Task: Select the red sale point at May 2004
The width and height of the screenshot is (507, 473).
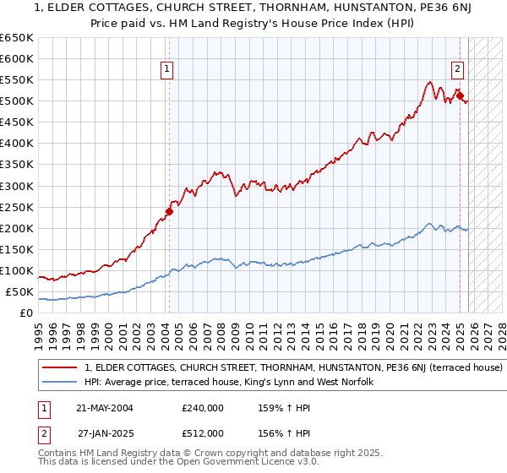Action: (x=169, y=212)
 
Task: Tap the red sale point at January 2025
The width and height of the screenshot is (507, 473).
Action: (x=461, y=96)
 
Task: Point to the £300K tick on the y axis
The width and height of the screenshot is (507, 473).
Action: (x=17, y=186)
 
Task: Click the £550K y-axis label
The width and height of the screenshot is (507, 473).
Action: (x=17, y=80)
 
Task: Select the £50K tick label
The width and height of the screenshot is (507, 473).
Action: (x=20, y=292)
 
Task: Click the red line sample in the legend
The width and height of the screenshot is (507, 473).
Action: (x=60, y=368)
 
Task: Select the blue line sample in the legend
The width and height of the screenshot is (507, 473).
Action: (x=60, y=383)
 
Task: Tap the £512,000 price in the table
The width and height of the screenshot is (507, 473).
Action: (x=202, y=433)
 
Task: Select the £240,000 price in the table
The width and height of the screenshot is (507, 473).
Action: (x=202, y=408)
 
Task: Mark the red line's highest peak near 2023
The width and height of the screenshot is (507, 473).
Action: (x=430, y=82)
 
